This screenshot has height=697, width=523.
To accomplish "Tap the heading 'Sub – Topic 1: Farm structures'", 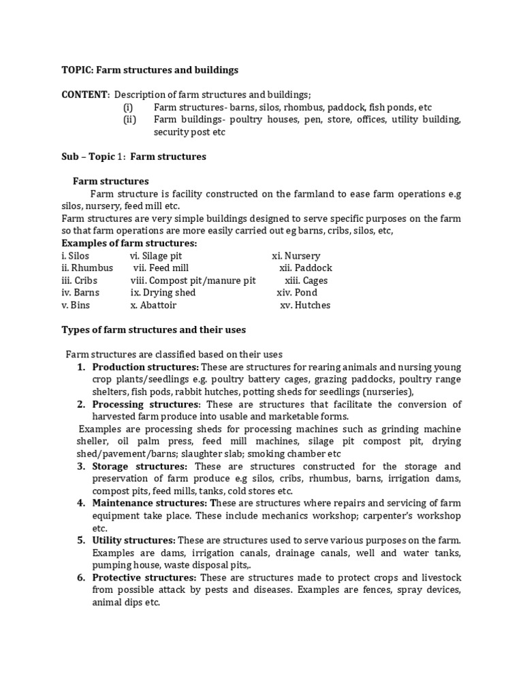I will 133,157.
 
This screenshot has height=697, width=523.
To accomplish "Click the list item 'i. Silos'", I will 75,256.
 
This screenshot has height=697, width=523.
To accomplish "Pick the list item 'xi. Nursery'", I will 296,256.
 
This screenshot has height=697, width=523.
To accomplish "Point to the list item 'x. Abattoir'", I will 153,305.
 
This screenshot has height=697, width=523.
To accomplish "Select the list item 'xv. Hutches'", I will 305,305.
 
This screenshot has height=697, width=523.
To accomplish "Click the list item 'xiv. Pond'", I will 297,293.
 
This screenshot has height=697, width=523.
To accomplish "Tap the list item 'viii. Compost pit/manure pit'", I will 193,280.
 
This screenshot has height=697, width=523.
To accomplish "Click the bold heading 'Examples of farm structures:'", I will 129,244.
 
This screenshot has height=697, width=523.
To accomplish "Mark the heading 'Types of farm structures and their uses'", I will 154,329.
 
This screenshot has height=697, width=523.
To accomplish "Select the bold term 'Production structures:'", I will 145,367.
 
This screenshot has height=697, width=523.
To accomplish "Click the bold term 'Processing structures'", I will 144,404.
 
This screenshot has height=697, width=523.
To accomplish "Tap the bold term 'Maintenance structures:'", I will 152,503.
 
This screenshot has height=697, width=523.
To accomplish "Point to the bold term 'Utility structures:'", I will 133,540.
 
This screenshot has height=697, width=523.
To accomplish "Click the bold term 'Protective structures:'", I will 144,578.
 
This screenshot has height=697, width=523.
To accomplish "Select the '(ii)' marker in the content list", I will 129,120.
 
